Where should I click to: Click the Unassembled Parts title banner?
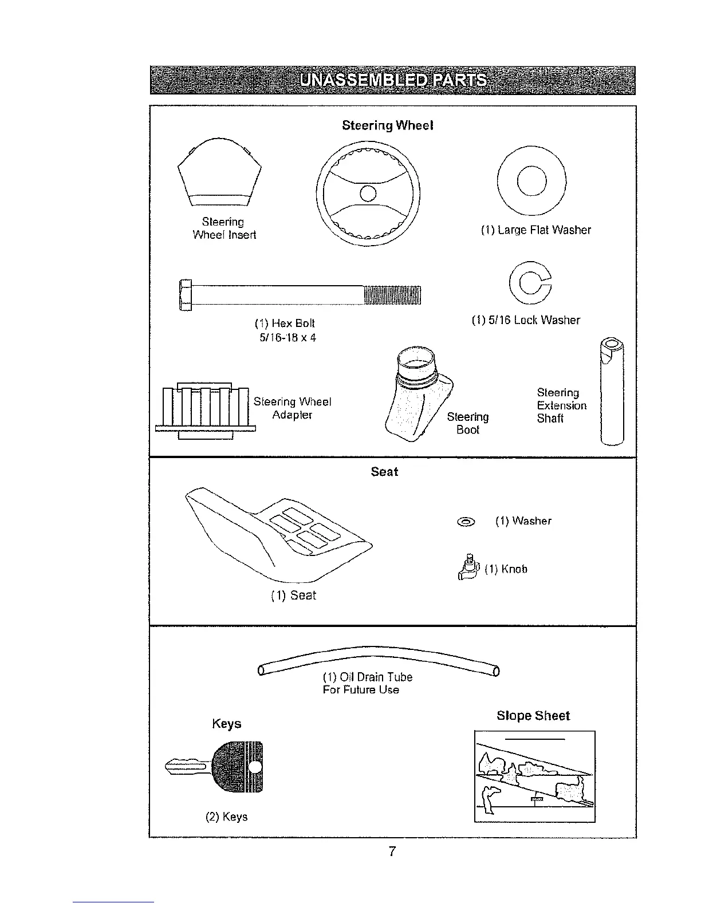pyautogui.click(x=393, y=80)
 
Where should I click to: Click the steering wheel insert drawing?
pyautogui.click(x=220, y=172)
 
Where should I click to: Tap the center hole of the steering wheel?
pyautogui.click(x=368, y=192)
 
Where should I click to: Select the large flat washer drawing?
pyautogui.click(x=531, y=182)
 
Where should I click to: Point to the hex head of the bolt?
pyautogui.click(x=185, y=294)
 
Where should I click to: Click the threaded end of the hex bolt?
pyautogui.click(x=392, y=294)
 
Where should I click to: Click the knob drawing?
pyautogui.click(x=470, y=569)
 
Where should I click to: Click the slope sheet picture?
pyautogui.click(x=535, y=776)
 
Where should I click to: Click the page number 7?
pyautogui.click(x=392, y=851)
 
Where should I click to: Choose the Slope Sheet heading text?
pyautogui.click(x=533, y=716)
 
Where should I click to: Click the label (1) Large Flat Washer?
pyautogui.click(x=535, y=230)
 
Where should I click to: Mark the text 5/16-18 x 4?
pyautogui.click(x=288, y=338)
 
